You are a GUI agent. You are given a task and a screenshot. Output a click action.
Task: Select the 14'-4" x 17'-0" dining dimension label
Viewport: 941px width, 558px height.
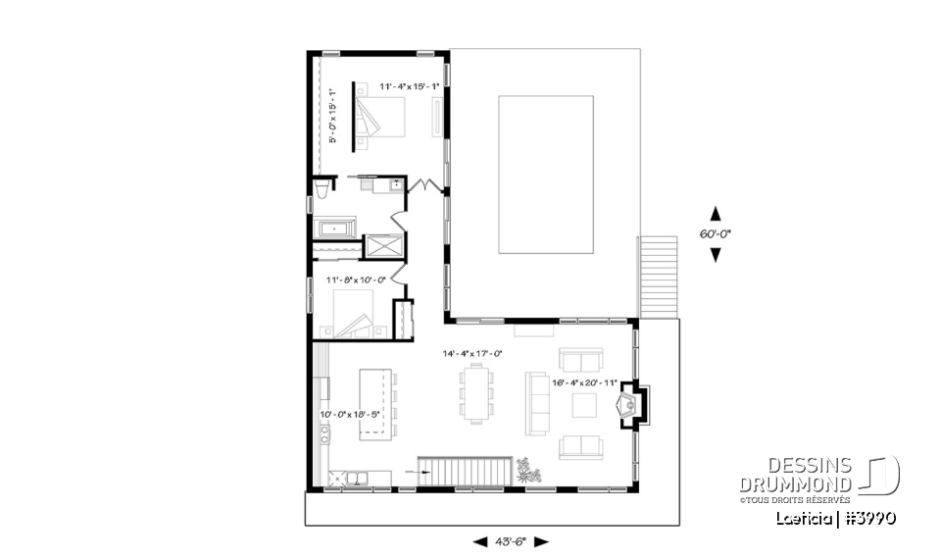[x=471, y=353]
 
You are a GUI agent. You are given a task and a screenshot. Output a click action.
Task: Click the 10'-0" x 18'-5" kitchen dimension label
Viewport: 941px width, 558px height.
[x=349, y=414]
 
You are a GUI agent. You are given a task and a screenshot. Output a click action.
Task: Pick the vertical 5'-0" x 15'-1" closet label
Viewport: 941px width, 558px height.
[x=332, y=117]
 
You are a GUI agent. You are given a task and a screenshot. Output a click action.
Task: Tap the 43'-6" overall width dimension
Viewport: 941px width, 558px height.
[x=511, y=541]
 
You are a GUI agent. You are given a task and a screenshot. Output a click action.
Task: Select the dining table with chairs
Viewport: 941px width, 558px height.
[x=476, y=393]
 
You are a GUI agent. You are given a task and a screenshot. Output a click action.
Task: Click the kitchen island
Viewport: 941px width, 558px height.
[x=374, y=403]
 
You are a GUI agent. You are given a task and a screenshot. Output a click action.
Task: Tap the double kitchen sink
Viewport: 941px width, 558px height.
[x=350, y=478]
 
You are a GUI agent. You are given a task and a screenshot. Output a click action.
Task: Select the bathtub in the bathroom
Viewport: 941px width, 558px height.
[x=336, y=228]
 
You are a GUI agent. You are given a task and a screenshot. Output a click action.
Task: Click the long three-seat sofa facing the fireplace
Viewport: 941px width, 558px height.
[x=537, y=403]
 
